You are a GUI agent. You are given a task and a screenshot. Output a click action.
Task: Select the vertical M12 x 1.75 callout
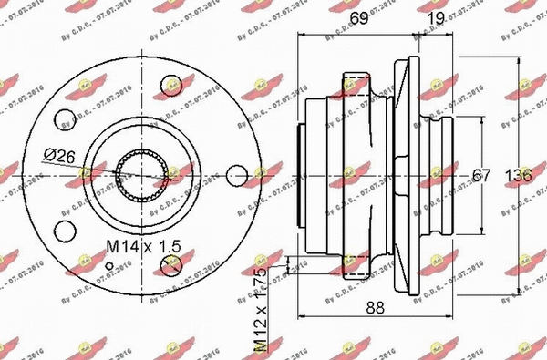click(260, 310)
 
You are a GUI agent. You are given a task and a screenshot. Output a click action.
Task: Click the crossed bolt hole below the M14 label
click(168, 266)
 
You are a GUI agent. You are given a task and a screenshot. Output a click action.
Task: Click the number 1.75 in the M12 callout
click(260, 283)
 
